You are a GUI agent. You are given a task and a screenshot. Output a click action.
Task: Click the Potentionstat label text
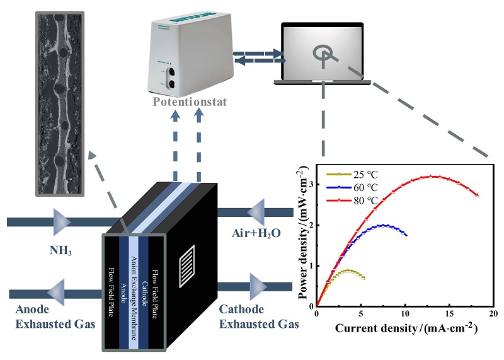click(x=188, y=102)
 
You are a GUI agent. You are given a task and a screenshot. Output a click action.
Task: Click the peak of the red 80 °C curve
click(x=432, y=176)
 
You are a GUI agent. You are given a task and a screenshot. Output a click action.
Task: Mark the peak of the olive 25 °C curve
click(x=348, y=270)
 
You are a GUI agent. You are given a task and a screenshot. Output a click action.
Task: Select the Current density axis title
click(x=405, y=328)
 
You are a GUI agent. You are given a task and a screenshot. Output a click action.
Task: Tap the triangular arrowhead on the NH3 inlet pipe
click(x=62, y=221)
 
